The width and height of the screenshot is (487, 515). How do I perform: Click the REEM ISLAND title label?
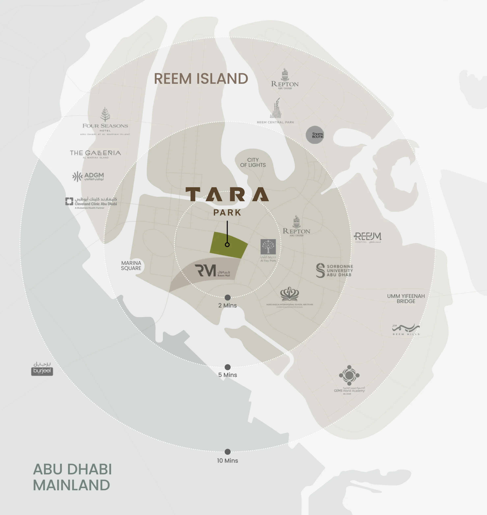pos(201,79)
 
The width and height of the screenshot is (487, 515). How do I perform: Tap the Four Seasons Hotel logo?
pos(105,121)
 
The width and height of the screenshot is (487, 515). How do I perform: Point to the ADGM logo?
pos(88,176)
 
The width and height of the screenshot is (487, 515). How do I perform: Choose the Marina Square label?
pos(131,266)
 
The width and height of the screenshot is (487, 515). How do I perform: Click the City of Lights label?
pos(253,162)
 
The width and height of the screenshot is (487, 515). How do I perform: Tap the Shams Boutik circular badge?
pos(315,135)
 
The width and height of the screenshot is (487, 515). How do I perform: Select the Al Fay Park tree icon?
pos(268,247)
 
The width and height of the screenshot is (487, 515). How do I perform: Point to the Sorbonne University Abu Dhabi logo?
pos(334,270)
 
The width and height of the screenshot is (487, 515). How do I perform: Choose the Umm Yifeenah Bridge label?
pos(406,299)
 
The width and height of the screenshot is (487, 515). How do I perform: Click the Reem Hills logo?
pos(406,329)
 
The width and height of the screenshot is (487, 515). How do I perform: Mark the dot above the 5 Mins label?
pos(228,367)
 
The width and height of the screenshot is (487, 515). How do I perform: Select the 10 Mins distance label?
pos(227,460)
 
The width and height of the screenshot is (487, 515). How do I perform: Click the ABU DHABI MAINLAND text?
pos(72,477)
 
